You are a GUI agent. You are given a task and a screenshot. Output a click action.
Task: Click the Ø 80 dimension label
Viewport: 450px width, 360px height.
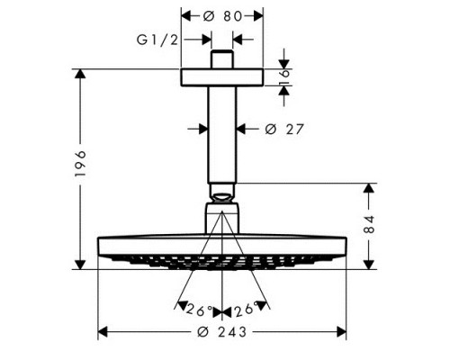[222, 16]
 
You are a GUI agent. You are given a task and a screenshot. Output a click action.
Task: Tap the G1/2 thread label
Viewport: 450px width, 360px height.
[157, 40]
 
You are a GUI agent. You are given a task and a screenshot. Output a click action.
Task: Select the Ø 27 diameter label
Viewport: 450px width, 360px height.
[284, 129]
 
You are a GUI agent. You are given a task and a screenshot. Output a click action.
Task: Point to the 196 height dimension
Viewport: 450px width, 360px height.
[80, 164]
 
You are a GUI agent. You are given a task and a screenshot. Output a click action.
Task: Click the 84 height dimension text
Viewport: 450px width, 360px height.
[369, 224]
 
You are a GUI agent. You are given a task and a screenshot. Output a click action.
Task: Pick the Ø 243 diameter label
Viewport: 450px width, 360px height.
[222, 332]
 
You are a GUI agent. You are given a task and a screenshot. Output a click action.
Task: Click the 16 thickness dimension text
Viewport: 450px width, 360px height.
[284, 77]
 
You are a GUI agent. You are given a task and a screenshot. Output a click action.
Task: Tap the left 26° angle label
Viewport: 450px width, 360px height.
[200, 310]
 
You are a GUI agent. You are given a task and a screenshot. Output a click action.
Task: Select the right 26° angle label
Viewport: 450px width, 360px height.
[246, 309]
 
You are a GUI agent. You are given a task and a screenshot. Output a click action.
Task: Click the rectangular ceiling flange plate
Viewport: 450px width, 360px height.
[222, 77]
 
